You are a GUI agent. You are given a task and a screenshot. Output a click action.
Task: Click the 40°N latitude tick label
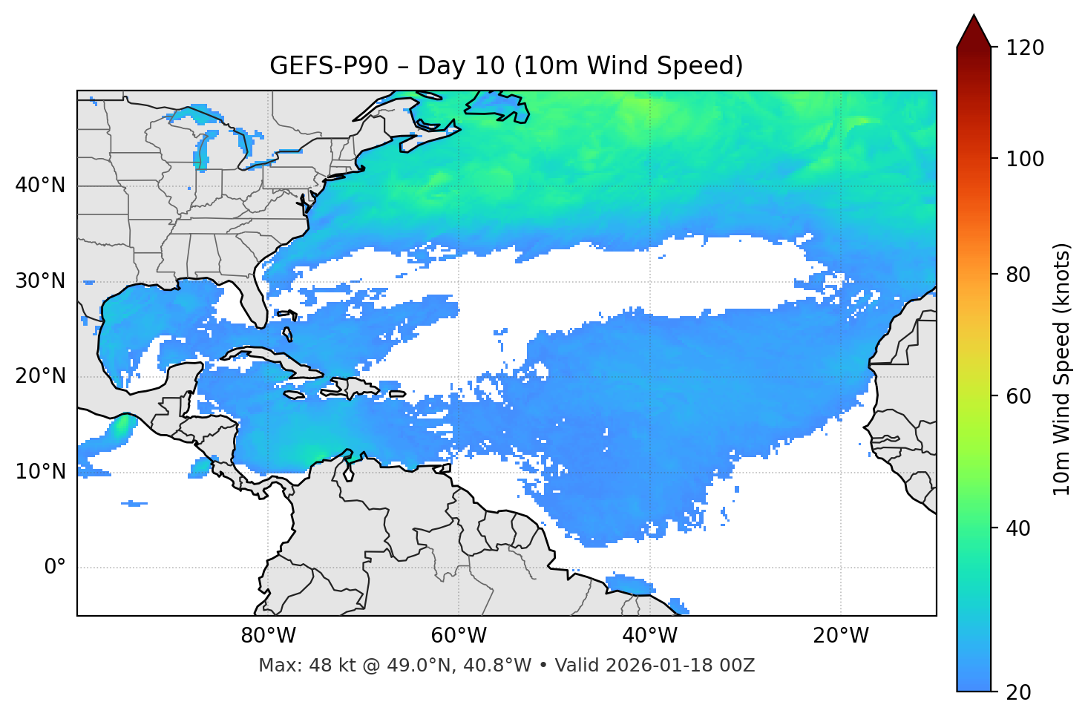(40, 186)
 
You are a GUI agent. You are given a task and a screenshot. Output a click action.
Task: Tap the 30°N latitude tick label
(40, 281)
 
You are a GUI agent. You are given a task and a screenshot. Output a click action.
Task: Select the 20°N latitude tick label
(40, 376)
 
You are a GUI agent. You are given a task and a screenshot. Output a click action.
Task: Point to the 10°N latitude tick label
(40, 472)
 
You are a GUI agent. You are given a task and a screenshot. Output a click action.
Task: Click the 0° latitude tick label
(55, 568)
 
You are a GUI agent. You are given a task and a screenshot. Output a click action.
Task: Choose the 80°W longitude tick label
(268, 636)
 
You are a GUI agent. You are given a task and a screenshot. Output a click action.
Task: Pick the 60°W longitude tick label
(459, 636)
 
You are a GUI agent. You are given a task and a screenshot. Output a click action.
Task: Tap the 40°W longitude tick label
(649, 636)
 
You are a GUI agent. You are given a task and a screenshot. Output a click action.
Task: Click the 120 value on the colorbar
(1025, 48)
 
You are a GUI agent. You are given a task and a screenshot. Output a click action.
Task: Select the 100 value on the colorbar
(1025, 159)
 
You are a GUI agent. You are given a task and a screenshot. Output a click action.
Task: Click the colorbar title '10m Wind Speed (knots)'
(1062, 369)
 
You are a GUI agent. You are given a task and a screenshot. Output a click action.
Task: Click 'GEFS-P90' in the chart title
(329, 66)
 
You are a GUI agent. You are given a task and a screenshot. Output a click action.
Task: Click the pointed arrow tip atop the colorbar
(974, 18)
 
